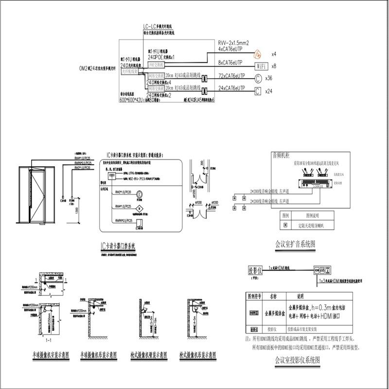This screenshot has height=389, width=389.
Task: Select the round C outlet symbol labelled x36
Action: coord(258,78)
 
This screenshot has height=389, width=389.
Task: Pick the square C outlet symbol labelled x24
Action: coord(258,90)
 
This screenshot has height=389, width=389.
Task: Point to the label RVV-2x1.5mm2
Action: coord(233,43)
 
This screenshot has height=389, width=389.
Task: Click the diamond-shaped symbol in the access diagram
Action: coord(139,208)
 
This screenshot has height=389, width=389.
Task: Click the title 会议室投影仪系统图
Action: coord(297,360)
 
